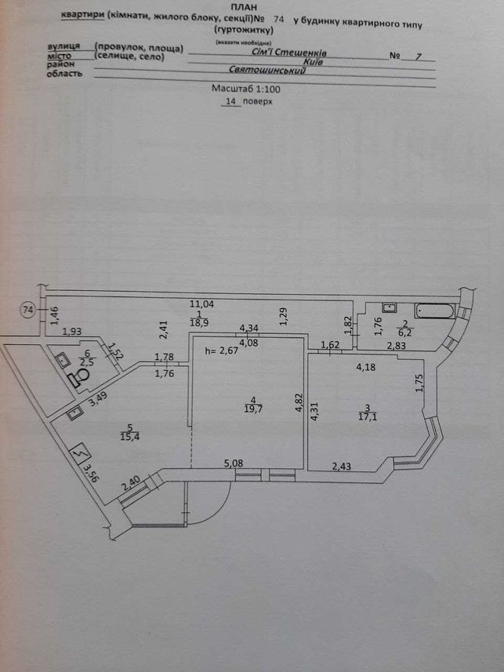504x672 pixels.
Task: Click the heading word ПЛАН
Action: pos(244,8)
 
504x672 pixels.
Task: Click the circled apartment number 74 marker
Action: pos(28,310)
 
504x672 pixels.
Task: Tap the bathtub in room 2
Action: pos(433,311)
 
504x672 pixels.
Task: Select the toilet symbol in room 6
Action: pos(79,379)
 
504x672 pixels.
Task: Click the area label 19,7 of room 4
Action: pos(254,409)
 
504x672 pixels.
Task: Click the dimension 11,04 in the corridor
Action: pos(202,304)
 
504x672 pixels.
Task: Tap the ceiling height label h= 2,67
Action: pos(222,351)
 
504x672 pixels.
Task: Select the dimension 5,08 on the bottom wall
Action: pos(234,463)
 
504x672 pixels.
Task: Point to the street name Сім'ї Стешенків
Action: pos(289,53)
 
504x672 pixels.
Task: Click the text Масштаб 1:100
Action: pos(246,89)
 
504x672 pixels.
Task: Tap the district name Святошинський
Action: pos(267,70)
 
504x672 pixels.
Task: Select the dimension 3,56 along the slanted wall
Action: pos(90,473)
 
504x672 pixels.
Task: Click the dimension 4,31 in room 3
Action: pos(314,410)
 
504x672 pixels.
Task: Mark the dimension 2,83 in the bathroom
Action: pos(396,346)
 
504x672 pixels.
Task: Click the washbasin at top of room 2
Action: pos(389,307)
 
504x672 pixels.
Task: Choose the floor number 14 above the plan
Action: pos(230,102)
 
